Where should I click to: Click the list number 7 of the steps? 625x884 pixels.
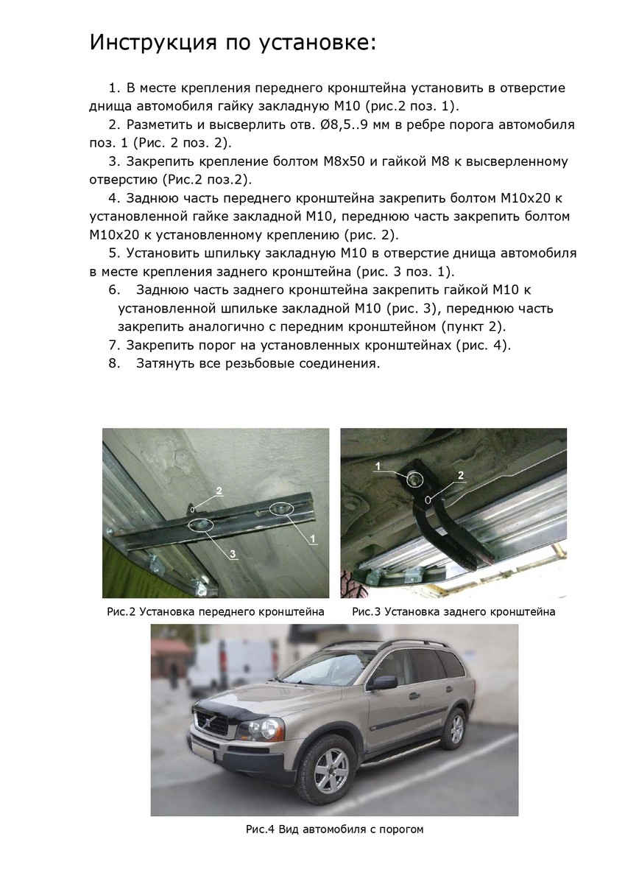point(113,345)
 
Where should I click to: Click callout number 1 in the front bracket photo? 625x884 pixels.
point(313,539)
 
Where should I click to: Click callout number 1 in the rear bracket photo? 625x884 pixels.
point(378,466)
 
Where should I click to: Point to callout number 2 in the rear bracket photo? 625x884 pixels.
point(461,475)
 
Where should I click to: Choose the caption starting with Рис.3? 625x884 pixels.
point(453,611)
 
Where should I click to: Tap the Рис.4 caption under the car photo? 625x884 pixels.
point(335,829)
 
